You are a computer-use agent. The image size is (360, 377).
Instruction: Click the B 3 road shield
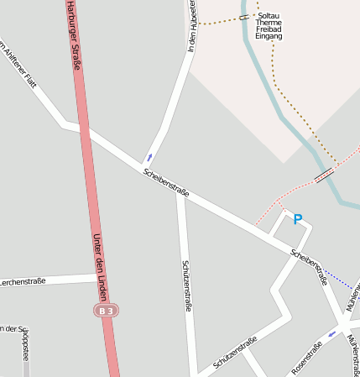[105, 311]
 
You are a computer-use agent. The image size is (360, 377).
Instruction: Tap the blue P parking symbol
[297, 220]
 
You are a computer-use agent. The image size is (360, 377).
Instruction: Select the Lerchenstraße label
[23, 281]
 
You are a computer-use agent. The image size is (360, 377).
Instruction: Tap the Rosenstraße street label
[306, 358]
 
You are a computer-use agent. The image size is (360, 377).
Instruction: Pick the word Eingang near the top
[269, 37]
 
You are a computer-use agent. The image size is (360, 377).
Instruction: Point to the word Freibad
[269, 29]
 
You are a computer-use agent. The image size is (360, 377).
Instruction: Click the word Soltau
[269, 15]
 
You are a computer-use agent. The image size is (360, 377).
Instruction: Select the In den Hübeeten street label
[193, 25]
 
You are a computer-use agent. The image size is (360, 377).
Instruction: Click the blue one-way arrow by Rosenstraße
[332, 334]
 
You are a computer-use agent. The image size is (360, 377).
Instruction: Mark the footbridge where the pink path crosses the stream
[323, 175]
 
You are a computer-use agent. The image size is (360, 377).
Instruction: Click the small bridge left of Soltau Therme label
[243, 17]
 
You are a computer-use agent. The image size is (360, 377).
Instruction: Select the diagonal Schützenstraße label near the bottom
[235, 352]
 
